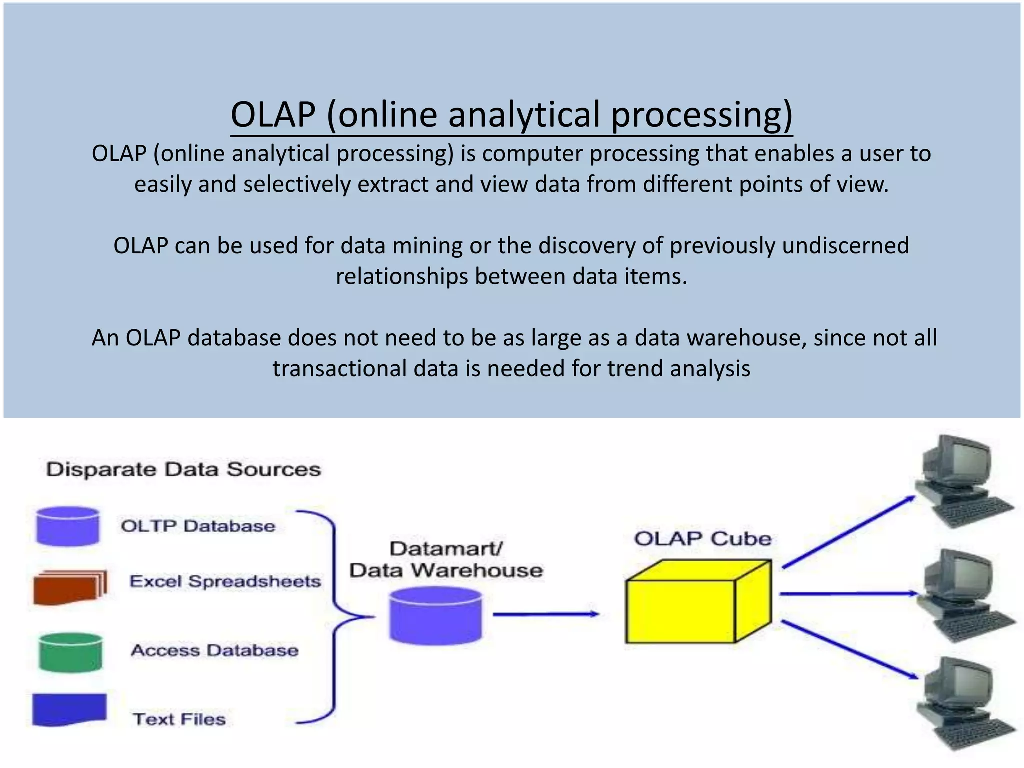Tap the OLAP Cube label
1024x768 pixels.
[x=702, y=539]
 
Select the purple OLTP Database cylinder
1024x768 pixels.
[x=68, y=526]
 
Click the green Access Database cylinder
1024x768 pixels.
[x=70, y=652]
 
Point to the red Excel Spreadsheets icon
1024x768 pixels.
[x=69, y=588]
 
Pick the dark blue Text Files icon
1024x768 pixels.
[x=69, y=709]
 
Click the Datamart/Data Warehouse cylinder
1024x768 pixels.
[x=435, y=616]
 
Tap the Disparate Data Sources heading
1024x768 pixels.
[x=183, y=470]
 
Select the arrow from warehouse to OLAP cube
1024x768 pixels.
[x=545, y=614]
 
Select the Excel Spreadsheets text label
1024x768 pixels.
[x=225, y=582]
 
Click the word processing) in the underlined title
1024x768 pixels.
[x=702, y=115]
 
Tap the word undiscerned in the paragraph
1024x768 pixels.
[x=845, y=246]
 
